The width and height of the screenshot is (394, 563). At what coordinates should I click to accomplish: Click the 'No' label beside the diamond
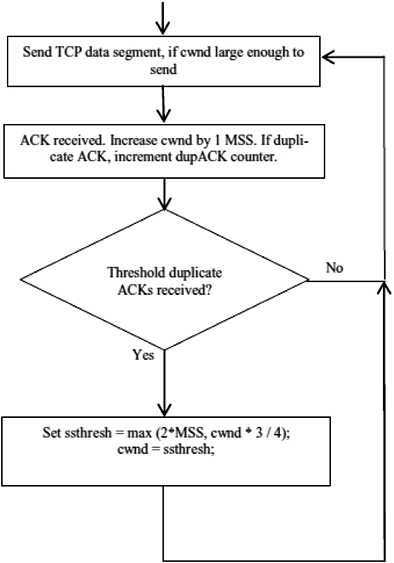(x=334, y=268)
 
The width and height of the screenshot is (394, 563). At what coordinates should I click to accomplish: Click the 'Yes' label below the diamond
(x=143, y=355)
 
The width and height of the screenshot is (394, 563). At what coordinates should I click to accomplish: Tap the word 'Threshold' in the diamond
(x=136, y=273)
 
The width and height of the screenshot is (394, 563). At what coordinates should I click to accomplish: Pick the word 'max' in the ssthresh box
(x=139, y=433)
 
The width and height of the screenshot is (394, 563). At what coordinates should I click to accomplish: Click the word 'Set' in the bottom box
(x=51, y=433)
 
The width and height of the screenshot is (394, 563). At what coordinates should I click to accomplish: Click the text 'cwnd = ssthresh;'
(x=166, y=450)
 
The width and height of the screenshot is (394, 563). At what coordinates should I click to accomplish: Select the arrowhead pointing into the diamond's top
(x=164, y=204)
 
